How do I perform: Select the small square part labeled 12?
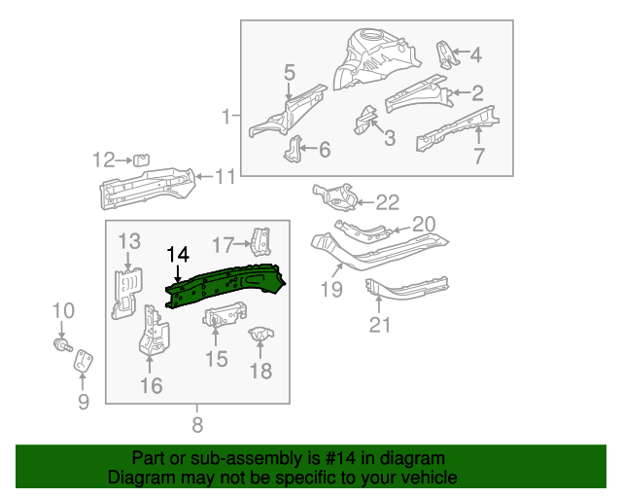coord(140,160)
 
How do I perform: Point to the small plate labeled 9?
coord(85,360)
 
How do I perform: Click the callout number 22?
coord(387,202)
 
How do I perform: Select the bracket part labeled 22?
coord(335,196)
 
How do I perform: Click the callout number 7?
coord(479,156)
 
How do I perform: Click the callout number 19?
coord(330,289)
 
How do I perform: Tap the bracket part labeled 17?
coord(259,240)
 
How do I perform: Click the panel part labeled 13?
coord(125,292)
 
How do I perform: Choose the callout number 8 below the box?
coord(197,424)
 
